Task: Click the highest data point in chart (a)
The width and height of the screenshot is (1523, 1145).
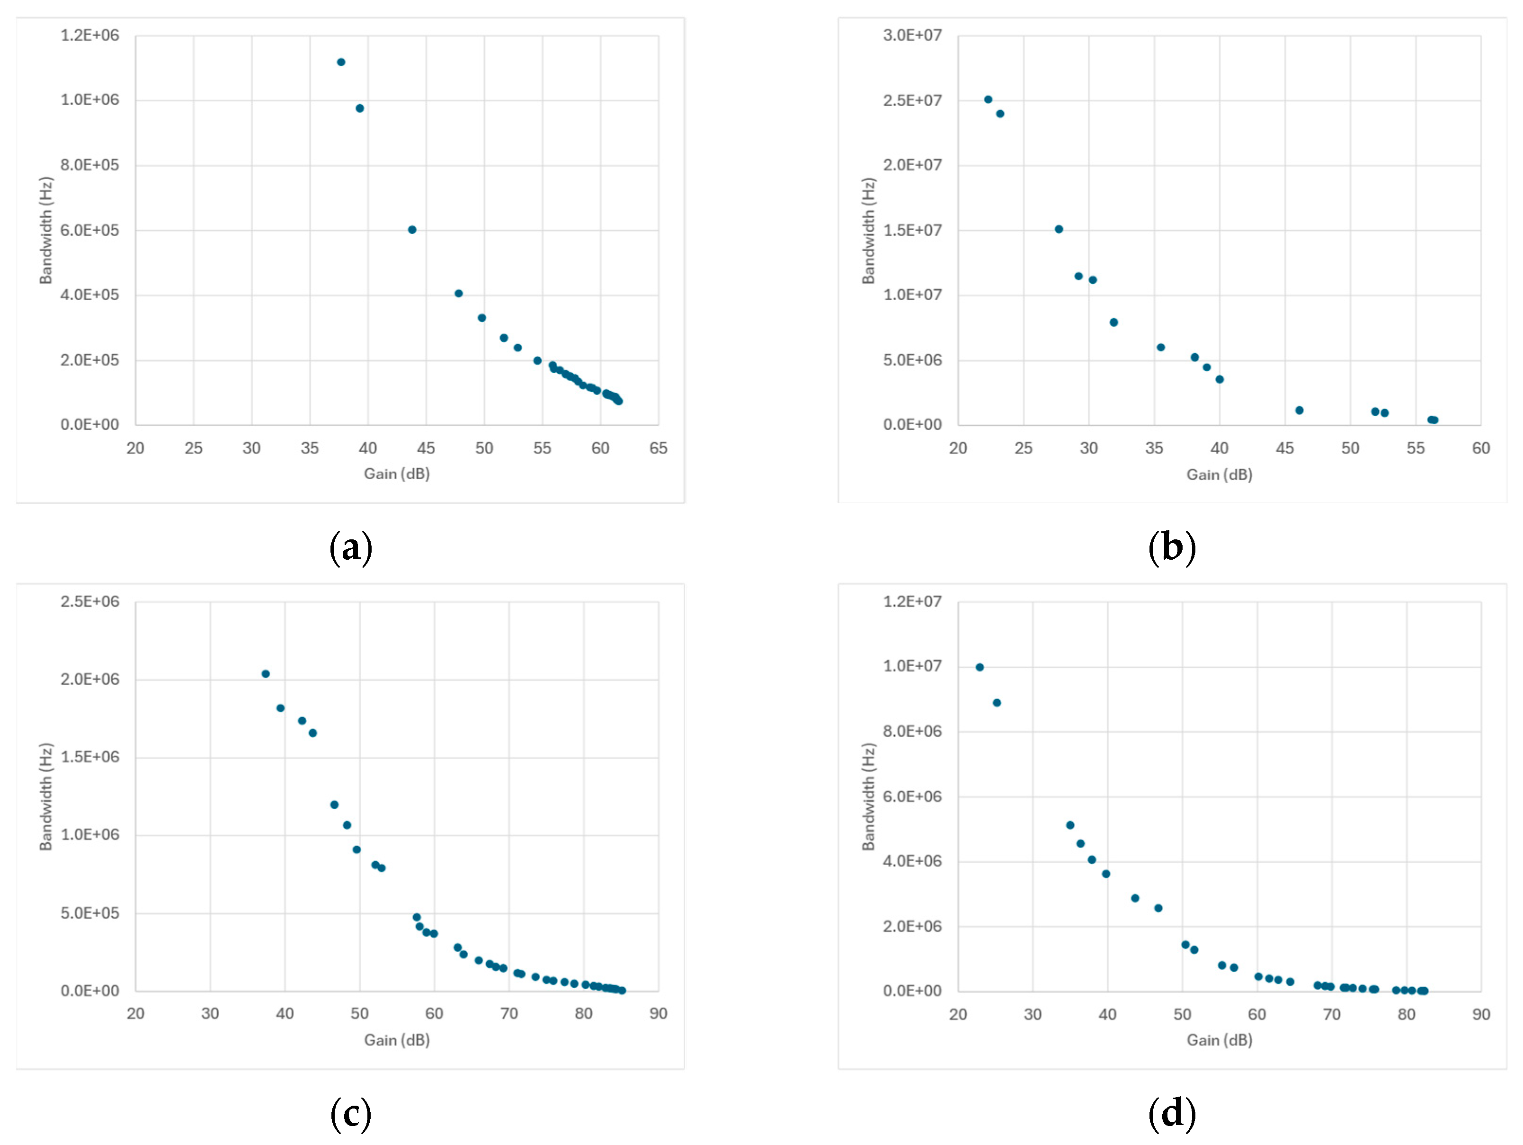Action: click(x=341, y=62)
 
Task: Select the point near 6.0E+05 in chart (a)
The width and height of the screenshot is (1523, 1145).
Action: click(x=412, y=230)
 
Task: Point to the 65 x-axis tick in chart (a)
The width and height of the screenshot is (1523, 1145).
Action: click(x=658, y=448)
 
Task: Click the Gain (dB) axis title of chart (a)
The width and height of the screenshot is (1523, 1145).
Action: click(x=397, y=474)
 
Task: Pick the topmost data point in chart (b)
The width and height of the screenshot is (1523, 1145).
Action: click(x=988, y=99)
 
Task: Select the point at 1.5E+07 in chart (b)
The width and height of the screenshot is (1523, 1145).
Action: click(x=1059, y=229)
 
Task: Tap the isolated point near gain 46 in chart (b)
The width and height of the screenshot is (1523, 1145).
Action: click(x=1299, y=411)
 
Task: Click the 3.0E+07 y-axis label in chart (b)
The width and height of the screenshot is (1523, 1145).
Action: click(x=912, y=35)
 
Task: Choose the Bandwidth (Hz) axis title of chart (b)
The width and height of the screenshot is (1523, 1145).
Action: click(x=868, y=231)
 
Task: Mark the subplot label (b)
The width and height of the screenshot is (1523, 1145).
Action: click(x=1172, y=548)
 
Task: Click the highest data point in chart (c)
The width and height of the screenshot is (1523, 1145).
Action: click(x=266, y=674)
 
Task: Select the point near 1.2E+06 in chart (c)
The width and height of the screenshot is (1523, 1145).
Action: click(x=335, y=805)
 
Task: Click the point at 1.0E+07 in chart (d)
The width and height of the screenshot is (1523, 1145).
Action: click(x=980, y=667)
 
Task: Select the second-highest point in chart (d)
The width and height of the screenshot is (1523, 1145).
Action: click(x=997, y=703)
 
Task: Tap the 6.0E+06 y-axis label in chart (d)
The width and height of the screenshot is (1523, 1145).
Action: click(x=912, y=796)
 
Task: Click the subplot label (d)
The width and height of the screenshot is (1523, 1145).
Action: click(x=1172, y=1114)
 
